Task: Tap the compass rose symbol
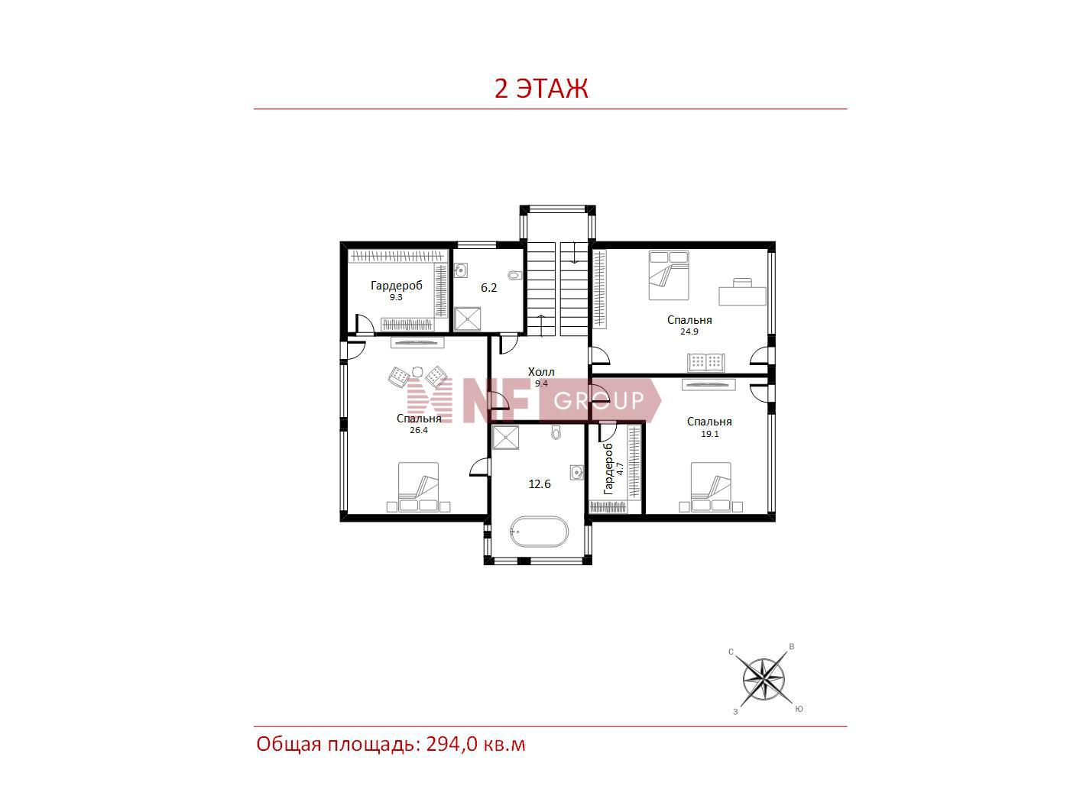tap(764, 679)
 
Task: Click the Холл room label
tap(541, 372)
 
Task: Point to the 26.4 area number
tap(419, 430)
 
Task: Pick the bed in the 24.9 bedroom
tap(668, 275)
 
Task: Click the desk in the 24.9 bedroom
tap(743, 292)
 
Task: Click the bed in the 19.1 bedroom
tap(711, 487)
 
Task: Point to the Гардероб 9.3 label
tap(397, 290)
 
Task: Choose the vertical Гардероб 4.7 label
tap(613, 469)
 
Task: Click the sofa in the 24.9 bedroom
tap(706, 363)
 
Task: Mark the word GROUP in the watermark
tap(598, 401)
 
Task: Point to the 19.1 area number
tap(710, 434)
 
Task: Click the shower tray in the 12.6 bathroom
tap(506, 437)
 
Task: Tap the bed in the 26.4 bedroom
tap(418, 487)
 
